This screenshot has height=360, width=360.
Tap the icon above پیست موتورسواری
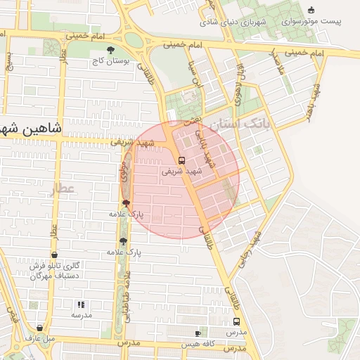pyautogui.click(x=312, y=10)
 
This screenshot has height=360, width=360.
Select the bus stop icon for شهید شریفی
pyautogui.click(x=182, y=160)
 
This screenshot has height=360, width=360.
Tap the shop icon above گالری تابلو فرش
pyautogui.click(x=56, y=255)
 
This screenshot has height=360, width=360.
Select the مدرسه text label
pyautogui.click(x=81, y=316)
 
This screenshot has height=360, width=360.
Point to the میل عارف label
pyautogui.click(x=40, y=338)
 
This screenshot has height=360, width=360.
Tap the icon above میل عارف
pyautogui.click(x=39, y=327)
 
